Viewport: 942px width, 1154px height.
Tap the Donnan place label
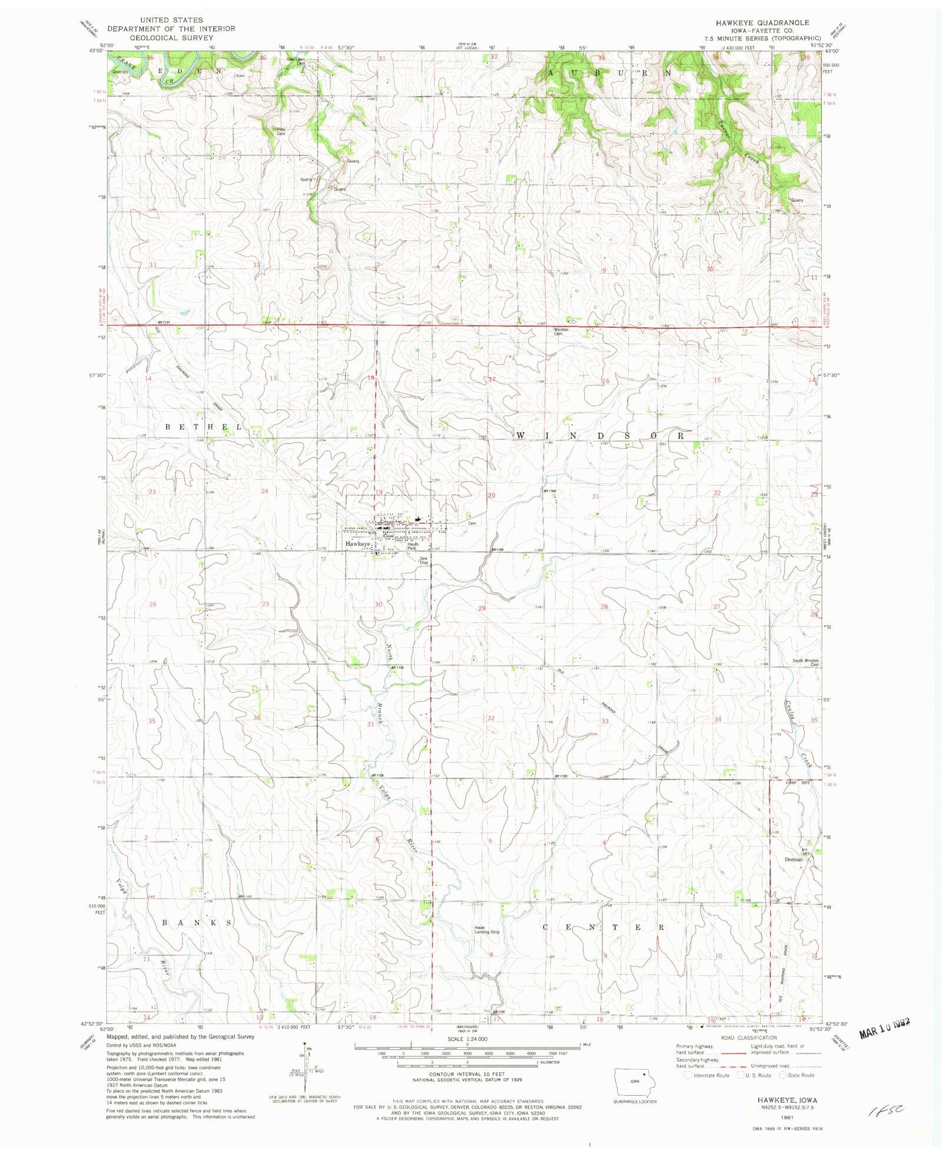(x=794, y=859)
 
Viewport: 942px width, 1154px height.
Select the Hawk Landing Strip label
(x=487, y=930)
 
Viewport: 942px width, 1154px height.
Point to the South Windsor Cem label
(x=805, y=662)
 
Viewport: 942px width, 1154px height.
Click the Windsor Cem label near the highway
(x=560, y=331)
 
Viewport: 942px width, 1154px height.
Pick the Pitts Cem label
(x=280, y=132)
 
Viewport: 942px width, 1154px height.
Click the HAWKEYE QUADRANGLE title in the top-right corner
(x=762, y=22)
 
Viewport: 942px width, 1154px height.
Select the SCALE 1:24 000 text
(x=467, y=1039)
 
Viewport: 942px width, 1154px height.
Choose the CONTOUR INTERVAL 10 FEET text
(x=467, y=1075)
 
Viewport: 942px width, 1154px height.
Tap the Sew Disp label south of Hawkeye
(x=423, y=561)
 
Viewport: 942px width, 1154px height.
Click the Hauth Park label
(x=413, y=546)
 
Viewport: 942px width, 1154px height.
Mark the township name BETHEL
(x=203, y=427)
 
